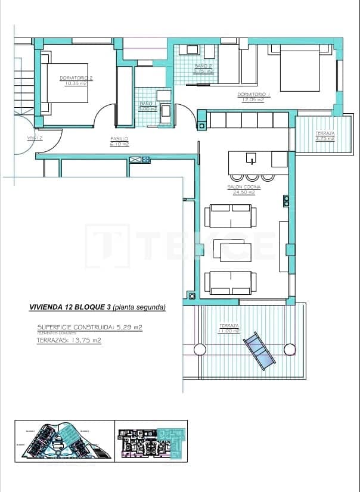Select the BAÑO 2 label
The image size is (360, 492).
point(203,68)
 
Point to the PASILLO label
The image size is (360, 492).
point(119,142)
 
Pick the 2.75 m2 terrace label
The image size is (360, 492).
point(325,136)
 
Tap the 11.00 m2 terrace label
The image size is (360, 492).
point(229,328)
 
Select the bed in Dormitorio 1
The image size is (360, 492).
point(300,70)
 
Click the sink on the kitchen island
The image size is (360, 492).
point(252,158)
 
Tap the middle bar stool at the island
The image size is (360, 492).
point(252,176)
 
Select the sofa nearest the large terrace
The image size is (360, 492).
point(230,282)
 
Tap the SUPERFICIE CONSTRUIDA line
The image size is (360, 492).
point(89,327)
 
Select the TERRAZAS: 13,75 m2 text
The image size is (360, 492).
point(69,340)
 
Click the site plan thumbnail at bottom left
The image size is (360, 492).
point(63,441)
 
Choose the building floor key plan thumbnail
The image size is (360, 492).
point(152,441)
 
